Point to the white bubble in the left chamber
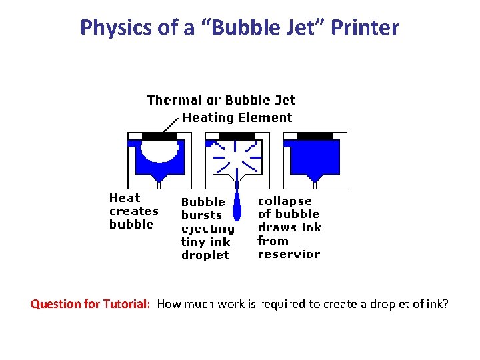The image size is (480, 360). (160, 150)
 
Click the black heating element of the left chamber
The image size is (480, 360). (159, 136)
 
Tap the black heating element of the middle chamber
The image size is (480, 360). (237, 136)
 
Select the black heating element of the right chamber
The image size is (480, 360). (315, 136)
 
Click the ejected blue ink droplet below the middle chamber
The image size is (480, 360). (237, 207)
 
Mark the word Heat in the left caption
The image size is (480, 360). (125, 198)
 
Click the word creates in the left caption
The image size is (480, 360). (133, 211)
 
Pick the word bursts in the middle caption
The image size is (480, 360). (201, 215)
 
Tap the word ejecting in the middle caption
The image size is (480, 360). (208, 229)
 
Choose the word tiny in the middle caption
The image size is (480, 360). (193, 242)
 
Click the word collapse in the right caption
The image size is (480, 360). (285, 201)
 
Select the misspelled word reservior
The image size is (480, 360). (289, 254)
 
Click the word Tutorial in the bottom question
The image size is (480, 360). (126, 305)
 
